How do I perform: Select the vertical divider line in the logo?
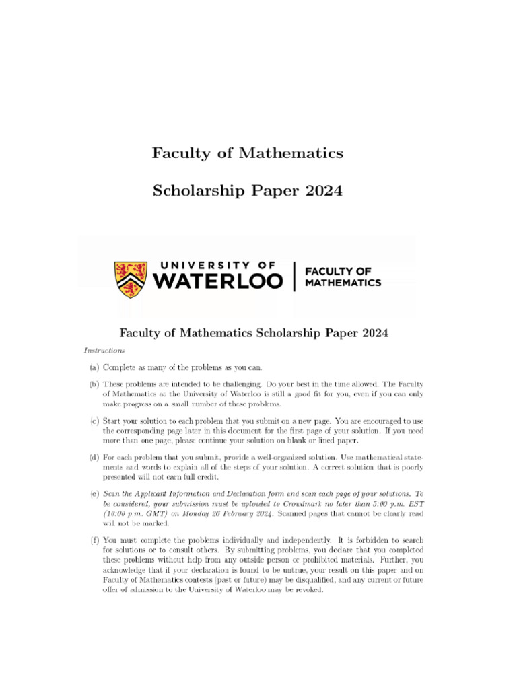[x=294, y=276]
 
